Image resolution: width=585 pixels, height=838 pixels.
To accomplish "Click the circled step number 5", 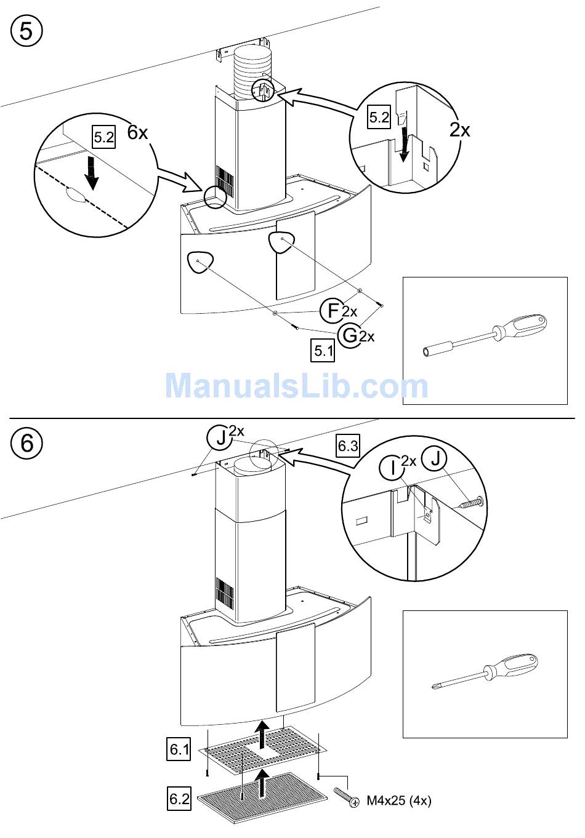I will coord(26,30).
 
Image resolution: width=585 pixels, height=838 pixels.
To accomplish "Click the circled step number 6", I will coord(26,442).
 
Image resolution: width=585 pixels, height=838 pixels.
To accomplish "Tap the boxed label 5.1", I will coord(324,351).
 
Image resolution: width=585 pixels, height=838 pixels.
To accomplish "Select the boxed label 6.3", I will coord(348,445).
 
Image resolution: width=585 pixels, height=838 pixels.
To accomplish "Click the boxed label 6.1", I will coord(179,749).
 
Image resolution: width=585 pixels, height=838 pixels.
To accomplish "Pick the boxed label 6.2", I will coord(179,799).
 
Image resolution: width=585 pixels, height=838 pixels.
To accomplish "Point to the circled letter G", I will coord(350,335).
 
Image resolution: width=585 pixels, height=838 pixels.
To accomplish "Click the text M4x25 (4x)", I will coord(399,800).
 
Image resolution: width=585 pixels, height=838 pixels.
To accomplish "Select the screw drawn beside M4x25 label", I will coord(345,798).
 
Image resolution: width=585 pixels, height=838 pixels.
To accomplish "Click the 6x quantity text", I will coord(138,132).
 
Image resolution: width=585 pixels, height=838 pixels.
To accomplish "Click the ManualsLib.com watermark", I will coord(296,386).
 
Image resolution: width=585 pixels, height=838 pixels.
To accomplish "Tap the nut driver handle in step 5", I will coord(523,325).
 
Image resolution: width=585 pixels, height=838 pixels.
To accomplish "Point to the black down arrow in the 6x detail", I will coord(92,172).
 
